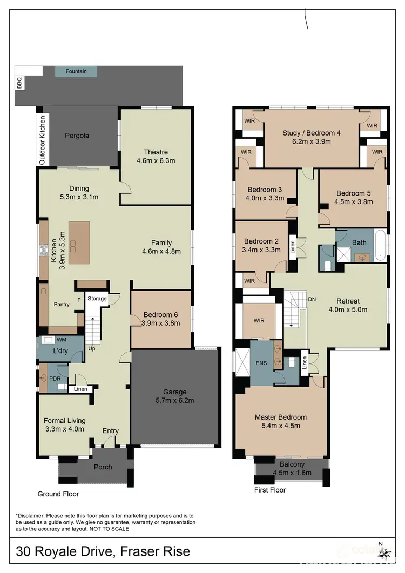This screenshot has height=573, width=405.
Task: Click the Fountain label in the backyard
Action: [76, 71]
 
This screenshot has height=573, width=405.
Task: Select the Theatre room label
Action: [156, 152]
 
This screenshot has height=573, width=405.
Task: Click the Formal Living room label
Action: [65, 421]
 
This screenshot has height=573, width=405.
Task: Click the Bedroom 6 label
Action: [161, 315]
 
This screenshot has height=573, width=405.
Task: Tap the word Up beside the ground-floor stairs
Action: [93, 349]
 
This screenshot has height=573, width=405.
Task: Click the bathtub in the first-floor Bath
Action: [381, 246]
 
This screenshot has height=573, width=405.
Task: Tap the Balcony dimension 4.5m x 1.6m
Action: [292, 473]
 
